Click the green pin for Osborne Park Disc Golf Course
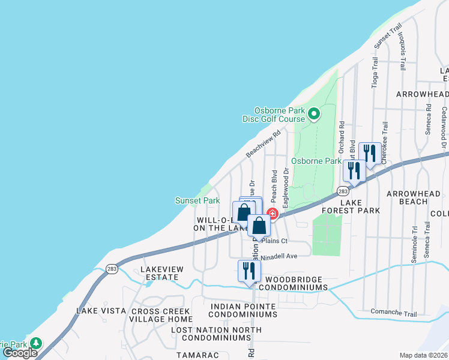(x=313, y=113)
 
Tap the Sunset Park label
(x=197, y=200)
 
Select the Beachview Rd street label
(x=264, y=145)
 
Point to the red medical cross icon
(x=272, y=214)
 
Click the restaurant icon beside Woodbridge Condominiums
(x=249, y=271)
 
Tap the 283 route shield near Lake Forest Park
(x=342, y=191)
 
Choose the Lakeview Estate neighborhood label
(x=160, y=274)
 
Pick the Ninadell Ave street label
(x=279, y=256)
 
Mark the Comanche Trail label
(x=393, y=313)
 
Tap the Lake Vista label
(x=101, y=311)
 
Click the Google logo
(x=20, y=353)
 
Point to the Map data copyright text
(x=424, y=355)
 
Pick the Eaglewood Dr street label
(x=287, y=180)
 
